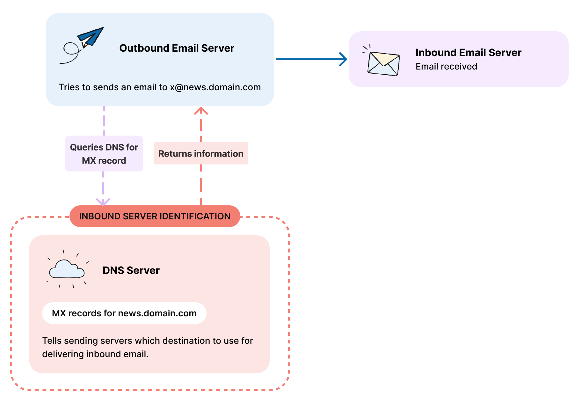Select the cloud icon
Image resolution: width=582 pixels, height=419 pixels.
67,269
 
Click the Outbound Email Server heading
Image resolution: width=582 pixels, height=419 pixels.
177,48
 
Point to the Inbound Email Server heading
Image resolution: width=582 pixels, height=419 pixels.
468,53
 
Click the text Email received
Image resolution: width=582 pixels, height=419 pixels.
446,67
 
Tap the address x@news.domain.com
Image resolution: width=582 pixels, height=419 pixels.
215,87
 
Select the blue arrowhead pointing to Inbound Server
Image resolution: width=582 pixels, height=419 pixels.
344,59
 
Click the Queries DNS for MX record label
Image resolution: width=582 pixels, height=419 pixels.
104,154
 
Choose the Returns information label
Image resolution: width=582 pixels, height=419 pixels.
201,154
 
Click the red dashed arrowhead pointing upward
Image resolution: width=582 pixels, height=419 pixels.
201,111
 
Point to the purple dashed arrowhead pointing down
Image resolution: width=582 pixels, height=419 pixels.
103,202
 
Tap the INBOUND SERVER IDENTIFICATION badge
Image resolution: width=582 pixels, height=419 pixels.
155,216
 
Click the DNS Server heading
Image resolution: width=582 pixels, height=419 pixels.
131,270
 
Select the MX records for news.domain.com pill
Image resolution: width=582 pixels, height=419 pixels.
124,313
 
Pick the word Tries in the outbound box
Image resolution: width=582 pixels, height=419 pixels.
68,87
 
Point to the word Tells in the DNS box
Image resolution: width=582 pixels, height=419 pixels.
52,341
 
